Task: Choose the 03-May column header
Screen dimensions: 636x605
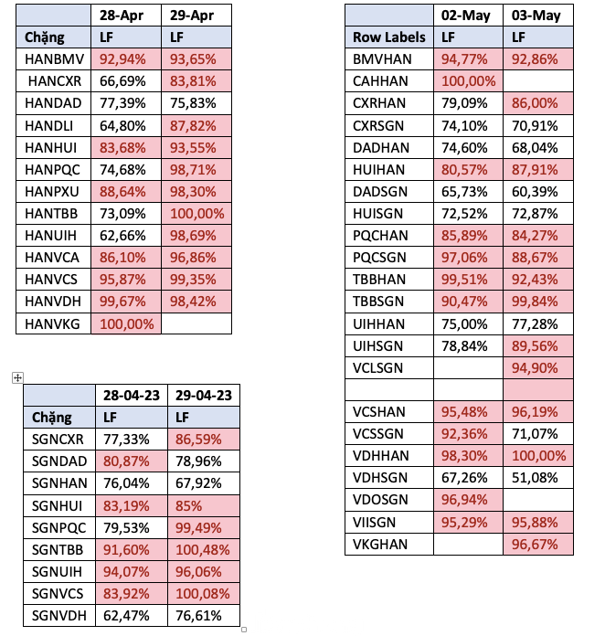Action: tap(537, 16)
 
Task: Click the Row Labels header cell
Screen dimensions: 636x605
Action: tap(388, 37)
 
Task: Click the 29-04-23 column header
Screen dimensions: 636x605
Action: tap(205, 395)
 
